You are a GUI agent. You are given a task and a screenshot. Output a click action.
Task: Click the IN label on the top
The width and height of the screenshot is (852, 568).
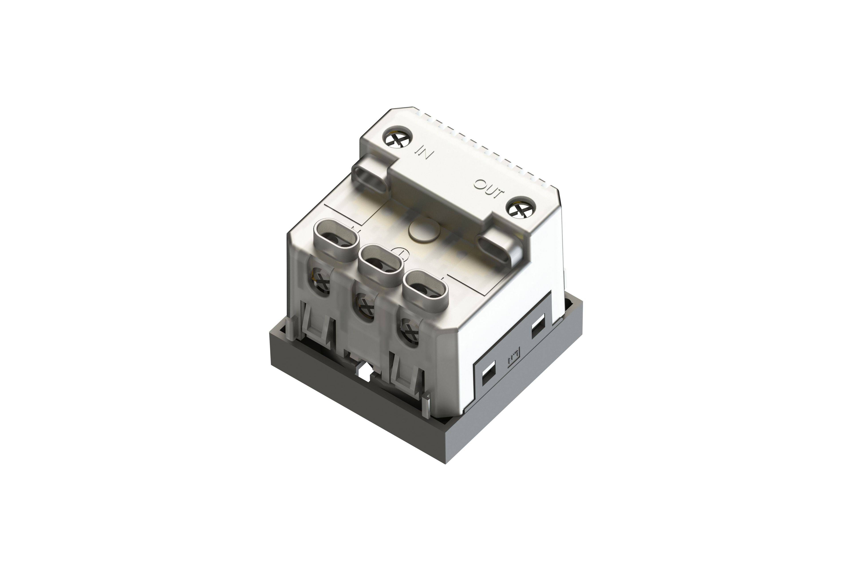pyautogui.click(x=423, y=152)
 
